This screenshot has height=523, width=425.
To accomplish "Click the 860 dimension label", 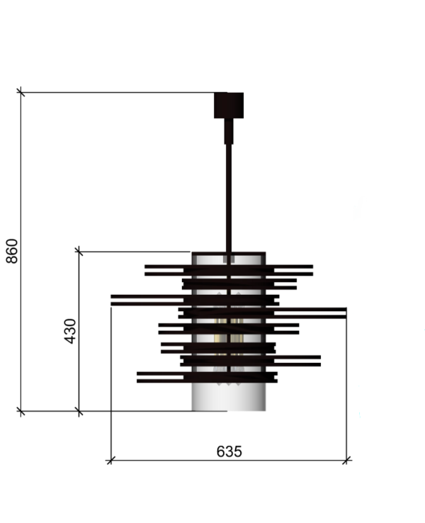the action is pos(12,251).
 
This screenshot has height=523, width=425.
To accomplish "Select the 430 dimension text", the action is pos(70,331).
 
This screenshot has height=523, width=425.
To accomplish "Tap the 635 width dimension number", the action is pos(229,451).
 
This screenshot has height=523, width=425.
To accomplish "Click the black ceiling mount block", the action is pos(229,106).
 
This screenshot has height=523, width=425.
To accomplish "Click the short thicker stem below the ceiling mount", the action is pos(229,131).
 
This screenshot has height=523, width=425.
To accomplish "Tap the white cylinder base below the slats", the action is pos(229,397).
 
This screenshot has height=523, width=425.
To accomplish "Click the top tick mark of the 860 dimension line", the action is pos(21,91).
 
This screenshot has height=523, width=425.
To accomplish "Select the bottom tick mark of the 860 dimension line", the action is pos(21,411).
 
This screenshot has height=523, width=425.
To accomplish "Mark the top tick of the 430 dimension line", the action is pos(79,251).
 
